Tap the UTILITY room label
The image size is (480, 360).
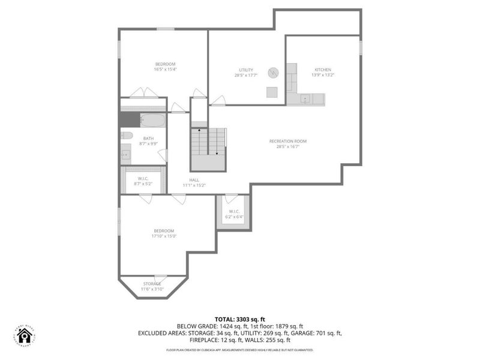[245, 73]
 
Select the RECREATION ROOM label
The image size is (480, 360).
[287, 144]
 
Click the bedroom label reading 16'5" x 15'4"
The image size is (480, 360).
[165, 67]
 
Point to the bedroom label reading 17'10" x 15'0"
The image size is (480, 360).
[163, 233]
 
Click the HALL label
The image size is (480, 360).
[194, 182]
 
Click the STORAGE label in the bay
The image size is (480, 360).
[152, 286]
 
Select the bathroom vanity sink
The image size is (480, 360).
[125, 154]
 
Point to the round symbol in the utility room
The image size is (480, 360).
[273, 72]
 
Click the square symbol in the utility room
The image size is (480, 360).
[272, 92]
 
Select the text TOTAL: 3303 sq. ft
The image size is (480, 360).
[240, 319]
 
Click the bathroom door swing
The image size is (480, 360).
[162, 155]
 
